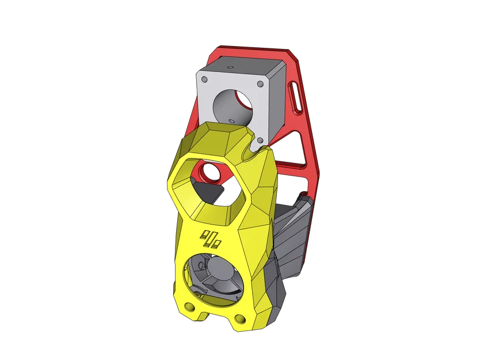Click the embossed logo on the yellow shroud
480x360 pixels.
coord(211,238)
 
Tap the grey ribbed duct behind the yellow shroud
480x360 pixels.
coord(288,242)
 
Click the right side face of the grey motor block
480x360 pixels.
coord(277,104)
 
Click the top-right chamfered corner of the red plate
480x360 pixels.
coord(295,56)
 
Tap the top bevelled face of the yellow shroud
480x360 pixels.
coord(218,138)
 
